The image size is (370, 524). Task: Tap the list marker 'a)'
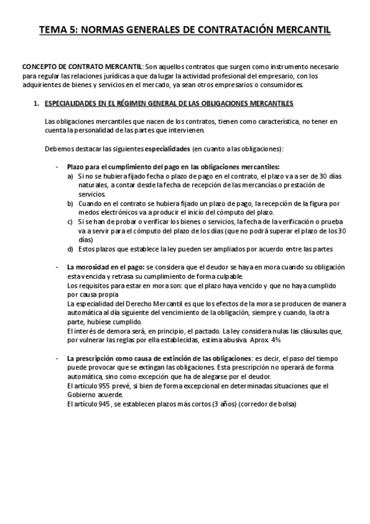click(x=70, y=175)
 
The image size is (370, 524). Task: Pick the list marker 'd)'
click(x=70, y=248)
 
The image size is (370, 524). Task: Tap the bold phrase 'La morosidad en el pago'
click(x=105, y=266)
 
